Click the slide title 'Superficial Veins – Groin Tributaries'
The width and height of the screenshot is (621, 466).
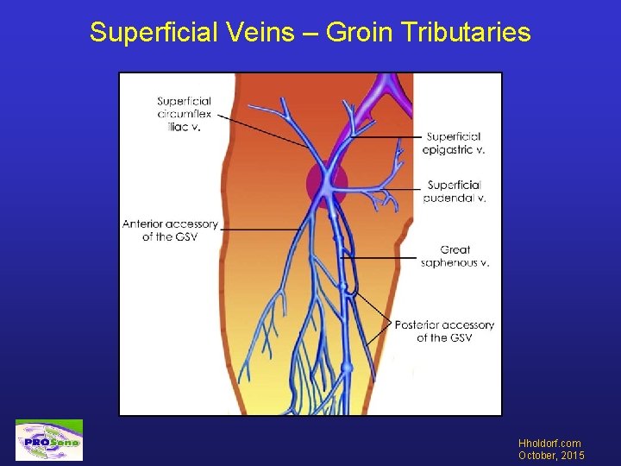(310, 33)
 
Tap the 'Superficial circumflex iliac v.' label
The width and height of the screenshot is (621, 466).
(185, 114)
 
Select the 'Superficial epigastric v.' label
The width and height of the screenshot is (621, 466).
(455, 143)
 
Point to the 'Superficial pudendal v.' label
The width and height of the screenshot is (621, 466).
(455, 192)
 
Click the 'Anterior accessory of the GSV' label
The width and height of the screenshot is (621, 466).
(170, 230)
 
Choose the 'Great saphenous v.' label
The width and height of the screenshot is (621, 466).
(455, 256)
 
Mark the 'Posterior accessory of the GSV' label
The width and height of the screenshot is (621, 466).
(444, 331)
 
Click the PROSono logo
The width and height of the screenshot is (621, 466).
(49, 440)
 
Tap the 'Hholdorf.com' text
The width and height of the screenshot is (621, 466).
(549, 444)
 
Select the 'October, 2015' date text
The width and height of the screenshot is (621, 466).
(551, 456)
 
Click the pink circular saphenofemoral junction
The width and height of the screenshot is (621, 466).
(327, 183)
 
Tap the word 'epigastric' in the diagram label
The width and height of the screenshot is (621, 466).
(449, 149)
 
